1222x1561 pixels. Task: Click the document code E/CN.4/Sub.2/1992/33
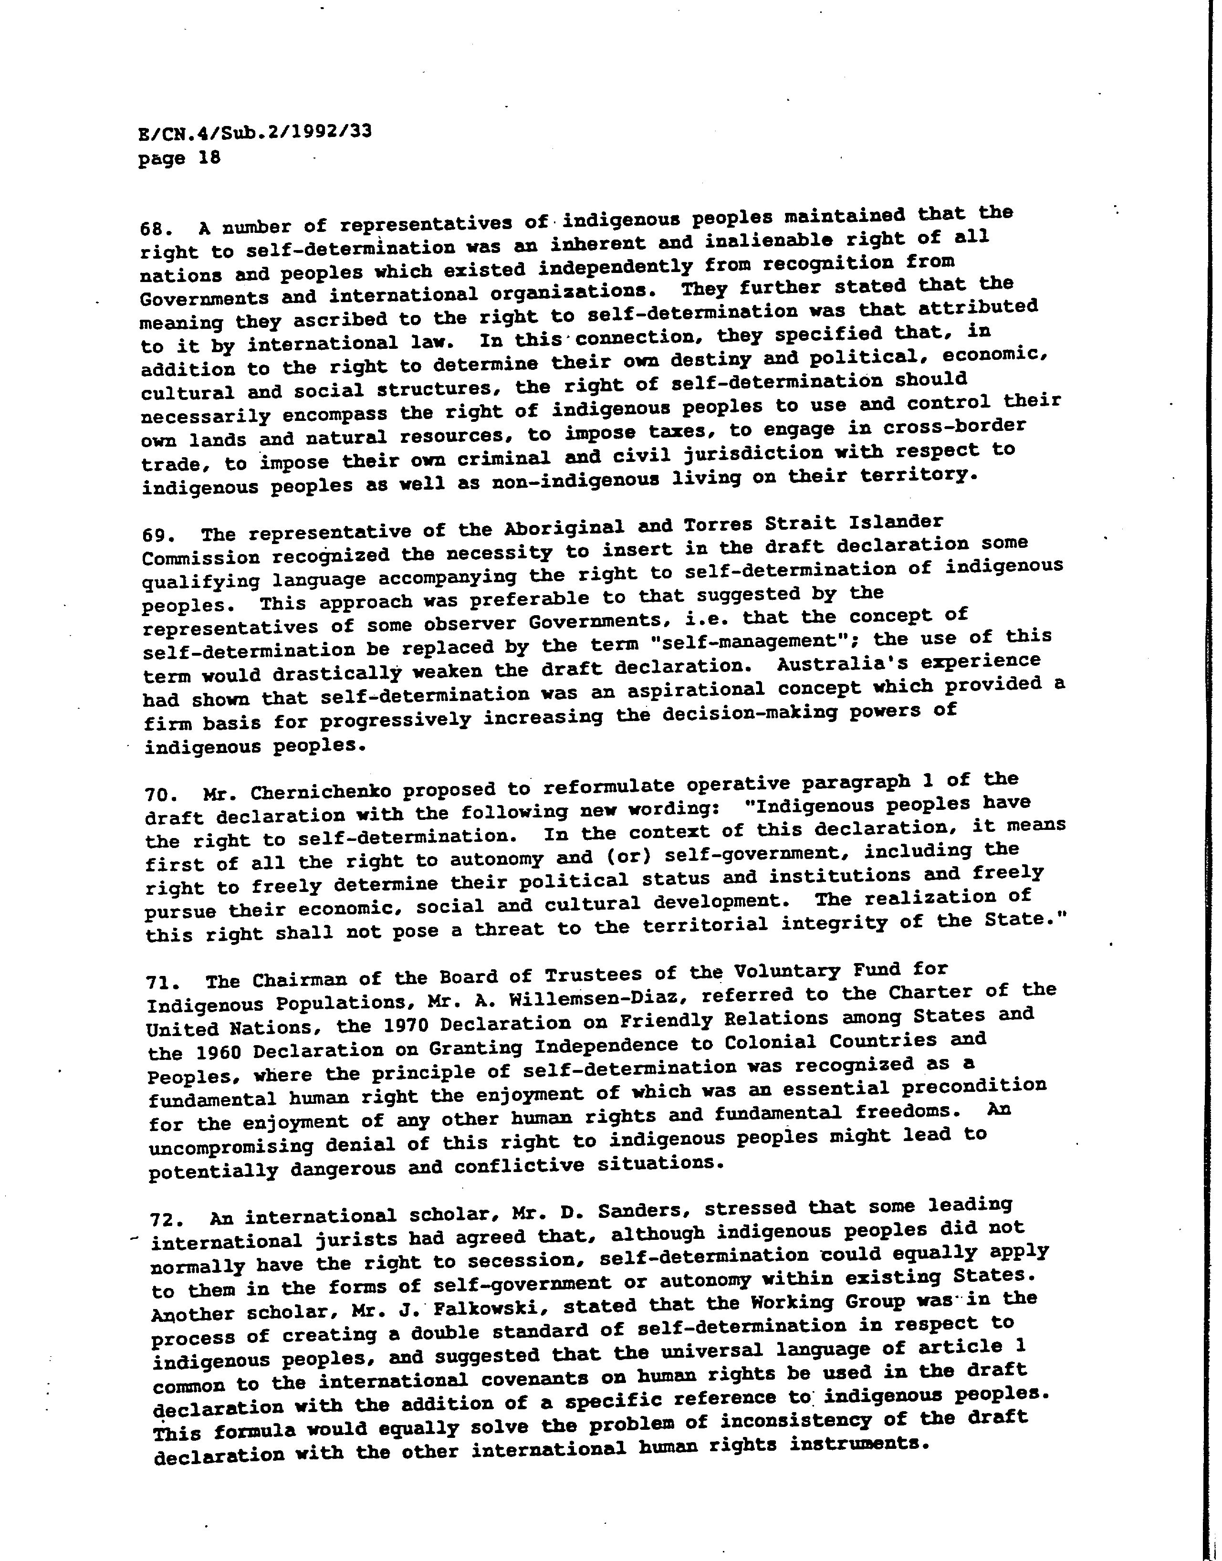pyautogui.click(x=255, y=133)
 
